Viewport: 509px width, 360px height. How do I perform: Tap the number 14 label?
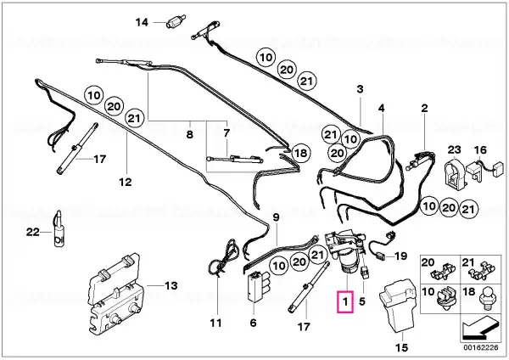pos(142,21)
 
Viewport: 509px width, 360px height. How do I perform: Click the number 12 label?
pos(125,181)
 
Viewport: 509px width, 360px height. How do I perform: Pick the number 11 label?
pos(215,322)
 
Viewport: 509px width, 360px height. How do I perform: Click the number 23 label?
pos(454,149)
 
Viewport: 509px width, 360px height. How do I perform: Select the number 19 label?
pos(401,255)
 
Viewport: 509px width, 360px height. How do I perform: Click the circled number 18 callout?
pos(298,154)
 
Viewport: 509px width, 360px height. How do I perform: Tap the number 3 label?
pos(360,88)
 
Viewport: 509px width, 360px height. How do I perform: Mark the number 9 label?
pos(276,217)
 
